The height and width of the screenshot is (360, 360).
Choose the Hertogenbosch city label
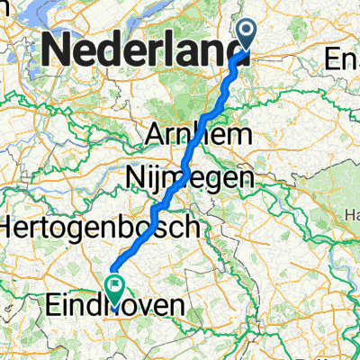[98, 228]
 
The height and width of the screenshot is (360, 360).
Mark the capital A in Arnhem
[156, 136]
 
